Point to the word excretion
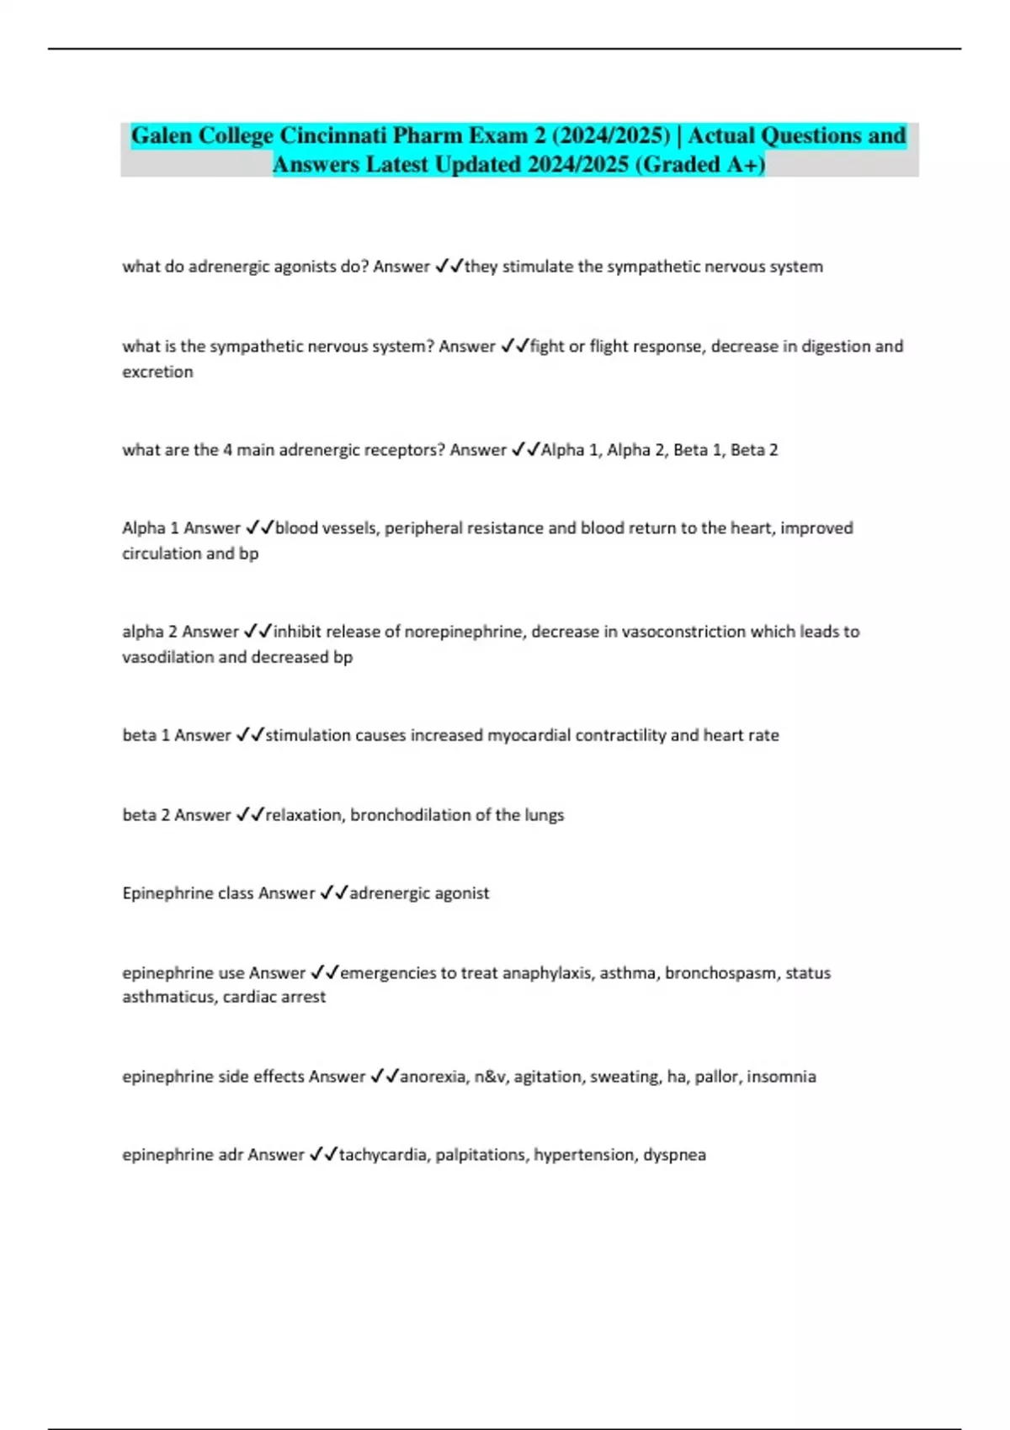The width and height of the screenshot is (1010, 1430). click(x=157, y=372)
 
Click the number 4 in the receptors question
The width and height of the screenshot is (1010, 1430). click(x=226, y=450)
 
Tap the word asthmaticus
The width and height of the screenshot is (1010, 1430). click(x=168, y=997)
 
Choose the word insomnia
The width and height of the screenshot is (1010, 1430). click(x=781, y=1077)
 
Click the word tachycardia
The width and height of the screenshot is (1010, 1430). click(x=385, y=1155)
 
